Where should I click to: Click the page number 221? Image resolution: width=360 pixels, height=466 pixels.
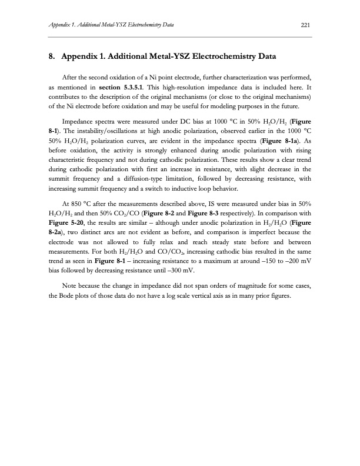pos(305,25)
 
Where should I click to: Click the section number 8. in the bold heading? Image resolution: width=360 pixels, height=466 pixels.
pos(52,58)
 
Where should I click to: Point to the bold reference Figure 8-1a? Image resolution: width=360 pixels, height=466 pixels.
pos(279,142)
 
